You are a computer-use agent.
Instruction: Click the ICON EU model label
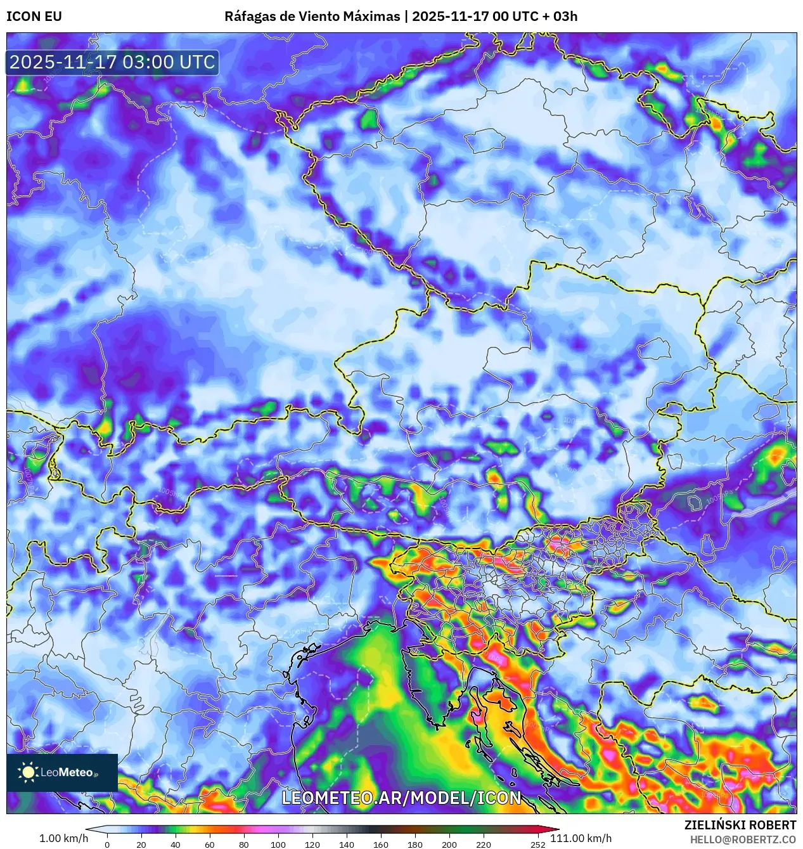(x=34, y=16)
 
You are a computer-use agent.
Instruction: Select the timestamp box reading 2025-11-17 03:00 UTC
(x=112, y=63)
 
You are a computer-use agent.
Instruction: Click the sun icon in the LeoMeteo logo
(x=29, y=772)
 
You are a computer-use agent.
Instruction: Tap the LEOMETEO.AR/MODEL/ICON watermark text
(x=401, y=798)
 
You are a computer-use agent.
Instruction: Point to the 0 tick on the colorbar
(x=107, y=844)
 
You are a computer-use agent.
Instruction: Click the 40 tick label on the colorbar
(x=176, y=844)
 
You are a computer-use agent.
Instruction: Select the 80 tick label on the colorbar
(x=244, y=844)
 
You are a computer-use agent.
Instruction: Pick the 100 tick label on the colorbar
(x=278, y=844)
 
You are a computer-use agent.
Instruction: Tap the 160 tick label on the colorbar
(x=381, y=844)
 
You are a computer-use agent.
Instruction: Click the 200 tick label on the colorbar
(x=449, y=844)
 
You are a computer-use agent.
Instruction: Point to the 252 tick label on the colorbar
(x=538, y=844)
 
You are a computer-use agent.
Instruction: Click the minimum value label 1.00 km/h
(x=63, y=838)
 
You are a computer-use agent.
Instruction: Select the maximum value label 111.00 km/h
(x=581, y=838)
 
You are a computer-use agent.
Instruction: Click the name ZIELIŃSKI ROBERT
(x=740, y=825)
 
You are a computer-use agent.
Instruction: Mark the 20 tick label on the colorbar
(x=141, y=844)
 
